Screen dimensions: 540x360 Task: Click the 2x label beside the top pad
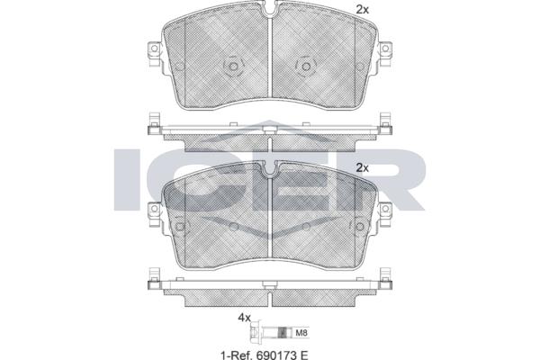click(x=362, y=10)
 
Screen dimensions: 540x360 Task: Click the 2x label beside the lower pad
click(x=362, y=168)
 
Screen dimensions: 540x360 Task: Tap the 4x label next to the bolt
click(x=245, y=318)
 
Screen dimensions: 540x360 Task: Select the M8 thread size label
click(x=301, y=333)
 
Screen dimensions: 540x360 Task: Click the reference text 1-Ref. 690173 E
click(x=264, y=355)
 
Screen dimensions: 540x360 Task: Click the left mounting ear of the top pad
click(x=154, y=52)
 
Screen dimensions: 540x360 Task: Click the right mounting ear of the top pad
click(x=385, y=52)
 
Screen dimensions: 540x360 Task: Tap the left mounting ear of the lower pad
click(x=154, y=213)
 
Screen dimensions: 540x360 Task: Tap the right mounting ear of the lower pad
click(x=385, y=213)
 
